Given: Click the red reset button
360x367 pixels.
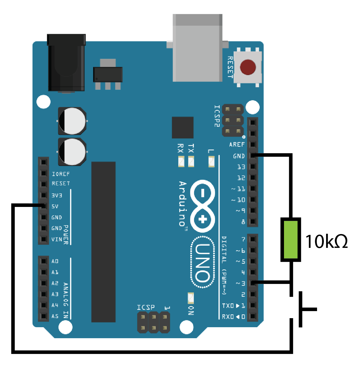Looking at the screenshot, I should click(248, 67).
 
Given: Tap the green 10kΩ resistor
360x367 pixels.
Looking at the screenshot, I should click(290, 239).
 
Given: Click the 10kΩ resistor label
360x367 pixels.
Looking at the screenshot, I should click(326, 242).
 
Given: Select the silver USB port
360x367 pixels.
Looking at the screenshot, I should click(197, 48).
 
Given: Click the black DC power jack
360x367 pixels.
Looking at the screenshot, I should click(66, 63).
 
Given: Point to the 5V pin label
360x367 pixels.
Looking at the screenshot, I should click(55, 206).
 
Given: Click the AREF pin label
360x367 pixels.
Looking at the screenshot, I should click(237, 145).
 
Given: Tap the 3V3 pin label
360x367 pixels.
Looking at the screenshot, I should click(57, 195).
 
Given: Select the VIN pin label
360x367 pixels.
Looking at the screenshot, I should click(57, 239).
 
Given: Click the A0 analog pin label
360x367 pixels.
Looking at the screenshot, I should click(55, 261).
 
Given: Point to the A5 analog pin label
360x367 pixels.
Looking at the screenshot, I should click(55, 316).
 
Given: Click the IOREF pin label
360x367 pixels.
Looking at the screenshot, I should click(60, 174).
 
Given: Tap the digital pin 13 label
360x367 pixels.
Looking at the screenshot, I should click(241, 167).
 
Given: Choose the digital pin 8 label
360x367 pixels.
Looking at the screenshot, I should click(243, 222).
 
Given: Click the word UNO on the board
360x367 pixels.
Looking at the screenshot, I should click(202, 262).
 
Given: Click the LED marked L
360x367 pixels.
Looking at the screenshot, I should click(211, 161).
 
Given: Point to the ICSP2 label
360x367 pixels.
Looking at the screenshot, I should click(217, 116).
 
